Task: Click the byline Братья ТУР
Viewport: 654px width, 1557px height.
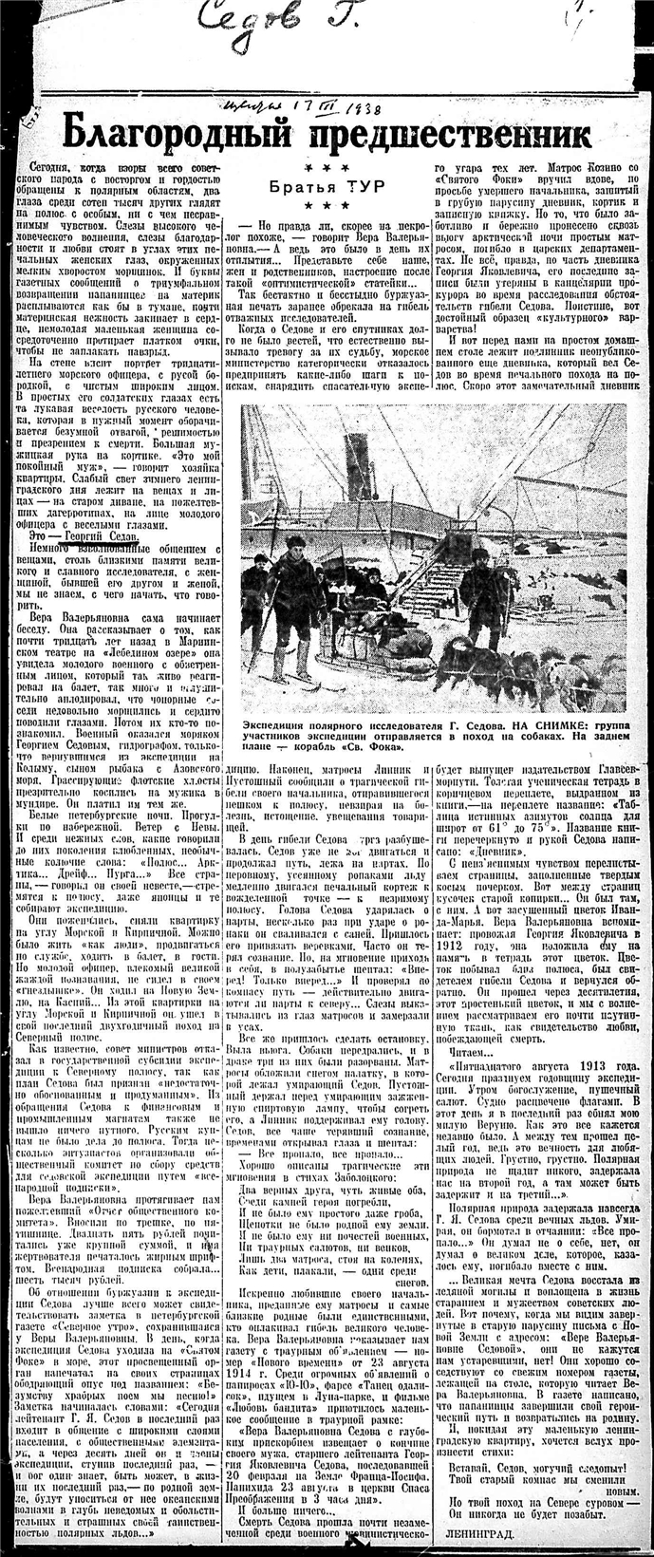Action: coord(326,186)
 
